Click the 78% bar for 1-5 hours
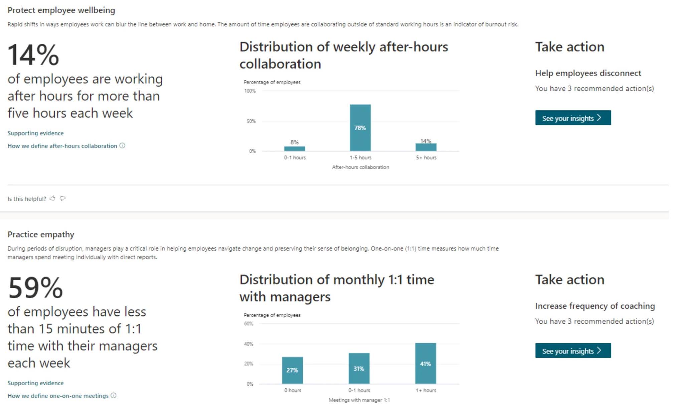click(x=360, y=128)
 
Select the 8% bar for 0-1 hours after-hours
click(x=294, y=148)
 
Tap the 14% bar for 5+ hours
click(x=426, y=147)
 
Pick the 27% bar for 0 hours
click(x=292, y=370)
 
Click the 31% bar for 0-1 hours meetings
click(x=359, y=368)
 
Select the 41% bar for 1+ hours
click(x=425, y=364)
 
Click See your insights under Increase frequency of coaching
click(x=573, y=350)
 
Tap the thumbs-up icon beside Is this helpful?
click(x=52, y=198)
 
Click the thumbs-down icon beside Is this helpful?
click(x=62, y=198)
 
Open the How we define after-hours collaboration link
click(x=62, y=146)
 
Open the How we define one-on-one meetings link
click(x=58, y=396)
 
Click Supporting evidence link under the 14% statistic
click(x=35, y=133)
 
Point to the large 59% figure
click(x=35, y=288)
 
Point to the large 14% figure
click(x=33, y=55)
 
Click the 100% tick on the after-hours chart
click(x=250, y=91)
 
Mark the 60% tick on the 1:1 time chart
click(x=248, y=324)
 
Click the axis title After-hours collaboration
click(x=360, y=167)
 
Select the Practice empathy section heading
click(x=41, y=234)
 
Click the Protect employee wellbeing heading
click(x=61, y=10)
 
